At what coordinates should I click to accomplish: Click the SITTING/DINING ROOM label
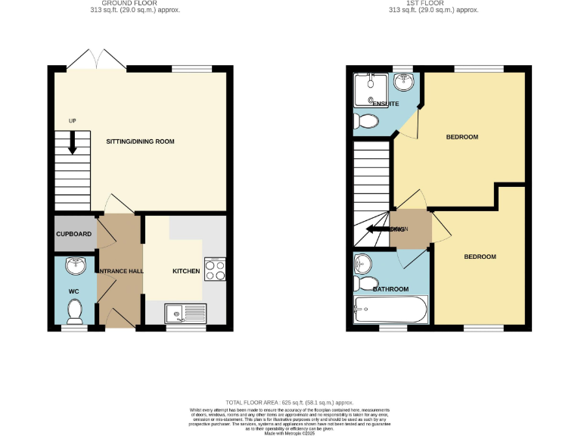[x=139, y=141]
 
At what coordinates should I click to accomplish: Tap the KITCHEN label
[x=186, y=271]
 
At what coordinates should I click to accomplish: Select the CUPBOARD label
[x=74, y=234]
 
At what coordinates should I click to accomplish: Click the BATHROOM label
[x=390, y=289]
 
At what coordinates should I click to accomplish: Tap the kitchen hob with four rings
[x=214, y=269]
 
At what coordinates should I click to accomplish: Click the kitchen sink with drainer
[x=186, y=312]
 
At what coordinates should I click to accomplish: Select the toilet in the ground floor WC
[x=75, y=310]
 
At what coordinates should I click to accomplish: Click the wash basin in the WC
[x=76, y=266]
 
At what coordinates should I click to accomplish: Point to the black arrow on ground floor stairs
[x=73, y=142]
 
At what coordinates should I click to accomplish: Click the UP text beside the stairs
[x=72, y=121]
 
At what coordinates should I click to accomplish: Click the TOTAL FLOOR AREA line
[x=290, y=403]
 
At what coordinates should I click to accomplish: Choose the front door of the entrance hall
[x=120, y=322]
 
